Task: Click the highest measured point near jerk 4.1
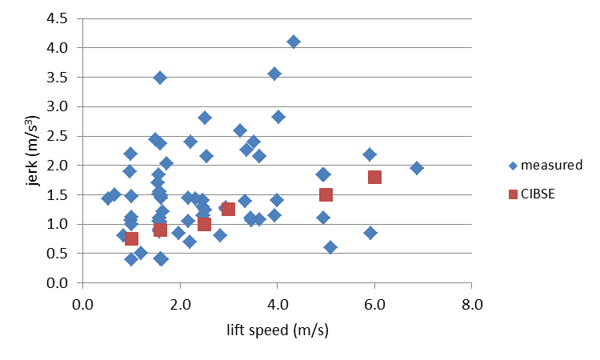tap(294, 42)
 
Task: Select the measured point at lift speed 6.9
tap(417, 168)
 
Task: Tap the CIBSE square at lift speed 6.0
tap(374, 177)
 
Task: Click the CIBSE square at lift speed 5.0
tap(326, 194)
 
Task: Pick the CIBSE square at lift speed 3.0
tap(228, 209)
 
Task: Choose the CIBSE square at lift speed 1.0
tap(131, 238)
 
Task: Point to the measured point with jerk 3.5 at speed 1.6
tap(160, 78)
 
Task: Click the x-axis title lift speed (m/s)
tap(277, 329)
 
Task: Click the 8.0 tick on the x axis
tap(470, 305)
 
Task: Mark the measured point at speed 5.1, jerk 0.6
tap(330, 247)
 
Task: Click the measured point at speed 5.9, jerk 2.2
tap(370, 154)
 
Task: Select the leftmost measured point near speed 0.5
tap(108, 198)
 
